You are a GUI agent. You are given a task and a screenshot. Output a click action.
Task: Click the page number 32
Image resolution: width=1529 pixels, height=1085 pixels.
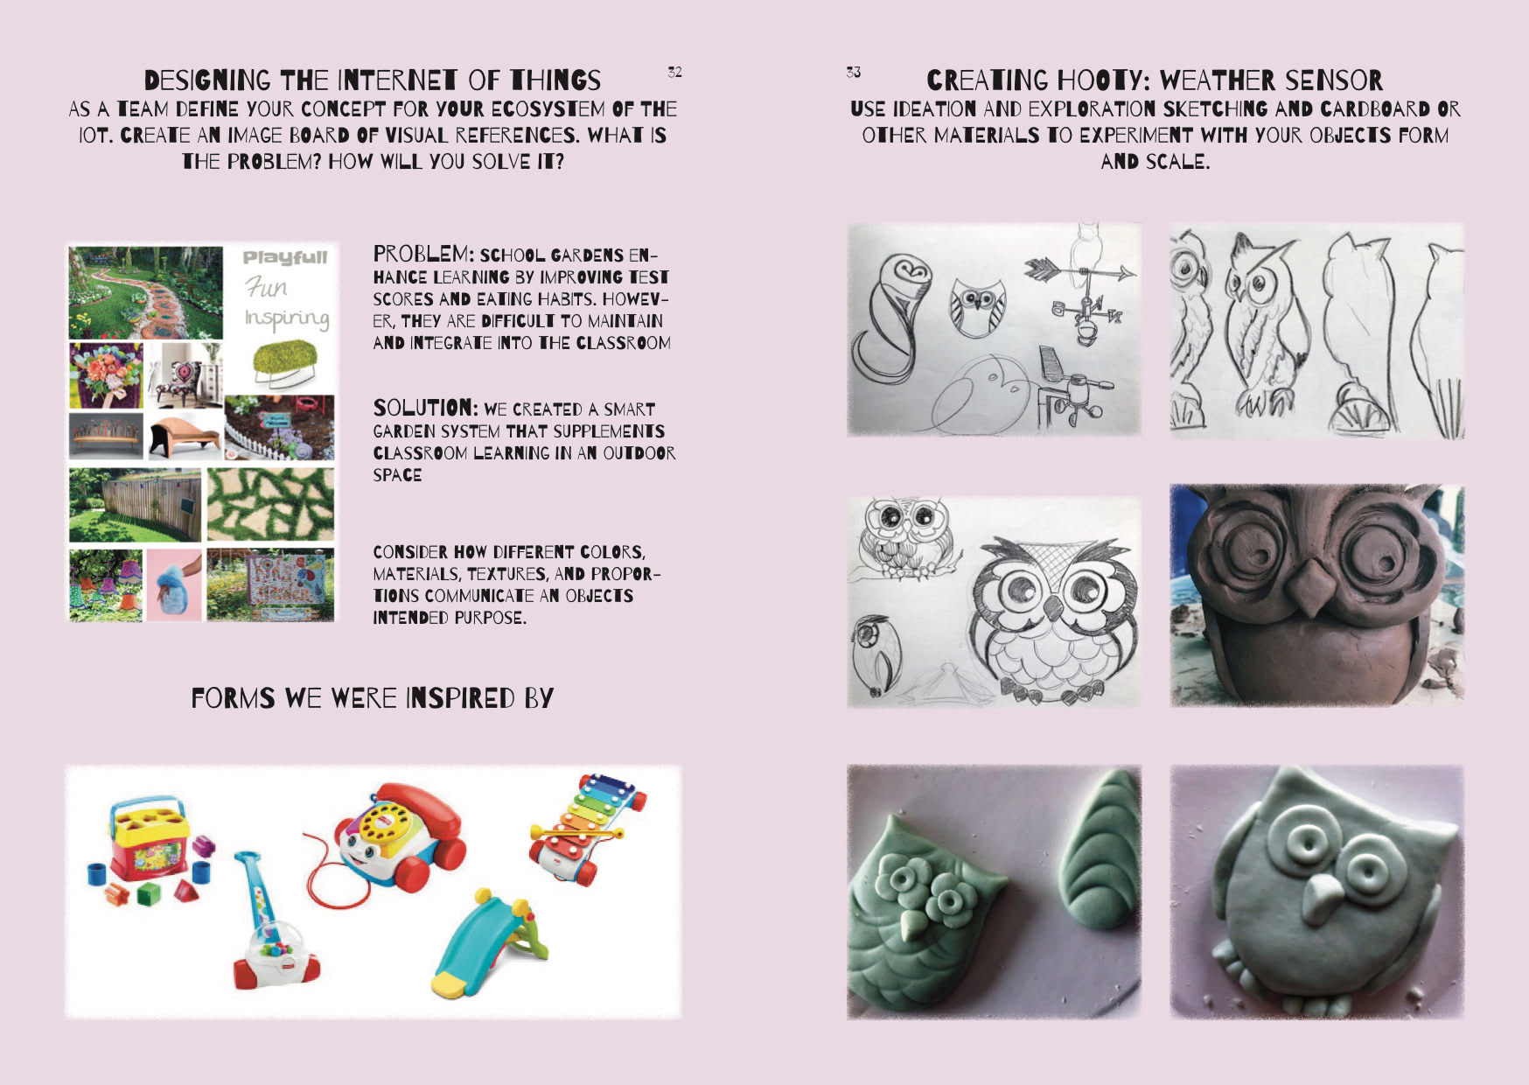click(674, 72)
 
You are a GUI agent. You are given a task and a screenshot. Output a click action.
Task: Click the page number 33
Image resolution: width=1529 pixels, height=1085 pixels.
click(853, 72)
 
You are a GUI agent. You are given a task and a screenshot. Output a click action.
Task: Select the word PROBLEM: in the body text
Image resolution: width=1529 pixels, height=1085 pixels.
click(423, 254)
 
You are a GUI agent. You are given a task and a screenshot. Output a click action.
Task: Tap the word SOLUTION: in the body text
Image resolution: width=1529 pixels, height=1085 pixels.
click(425, 408)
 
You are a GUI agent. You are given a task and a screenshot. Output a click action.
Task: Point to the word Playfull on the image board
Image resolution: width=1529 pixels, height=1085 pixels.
click(285, 258)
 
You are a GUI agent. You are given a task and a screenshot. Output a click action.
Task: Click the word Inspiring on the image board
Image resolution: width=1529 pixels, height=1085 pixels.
click(287, 318)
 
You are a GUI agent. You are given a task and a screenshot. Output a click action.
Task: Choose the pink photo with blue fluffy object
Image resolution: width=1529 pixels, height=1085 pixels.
click(174, 584)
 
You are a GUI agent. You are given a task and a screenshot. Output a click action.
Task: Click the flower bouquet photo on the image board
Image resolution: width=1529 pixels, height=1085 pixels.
click(106, 375)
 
